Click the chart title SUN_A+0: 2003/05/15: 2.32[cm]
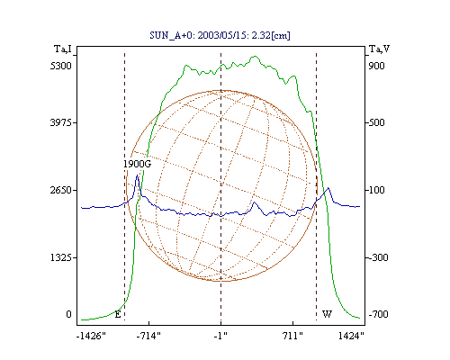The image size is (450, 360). tap(220, 35)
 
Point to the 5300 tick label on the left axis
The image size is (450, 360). tap(61, 66)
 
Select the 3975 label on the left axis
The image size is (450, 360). tap(61, 122)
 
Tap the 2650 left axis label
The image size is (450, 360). tap(61, 190)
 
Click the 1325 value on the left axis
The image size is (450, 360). tap(61, 257)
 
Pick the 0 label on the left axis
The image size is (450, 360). tap(68, 314)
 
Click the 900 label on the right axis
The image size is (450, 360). tap(376, 66)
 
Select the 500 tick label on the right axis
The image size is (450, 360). tap(376, 122)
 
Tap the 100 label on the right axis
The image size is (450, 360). tap(376, 190)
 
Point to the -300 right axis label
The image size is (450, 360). tap(378, 257)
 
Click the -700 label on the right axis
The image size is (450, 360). tap(378, 314)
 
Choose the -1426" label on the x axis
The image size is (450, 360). tap(91, 336)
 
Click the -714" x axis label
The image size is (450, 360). tap(148, 336)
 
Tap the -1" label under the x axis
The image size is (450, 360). tap(220, 336)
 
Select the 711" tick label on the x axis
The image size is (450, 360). tap(292, 336)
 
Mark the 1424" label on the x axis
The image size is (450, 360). tap(351, 336)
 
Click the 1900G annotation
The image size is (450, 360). tap(138, 164)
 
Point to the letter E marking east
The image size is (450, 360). tap(118, 314)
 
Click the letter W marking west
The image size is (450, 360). tap(327, 314)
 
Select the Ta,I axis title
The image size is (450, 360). tap(63, 49)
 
